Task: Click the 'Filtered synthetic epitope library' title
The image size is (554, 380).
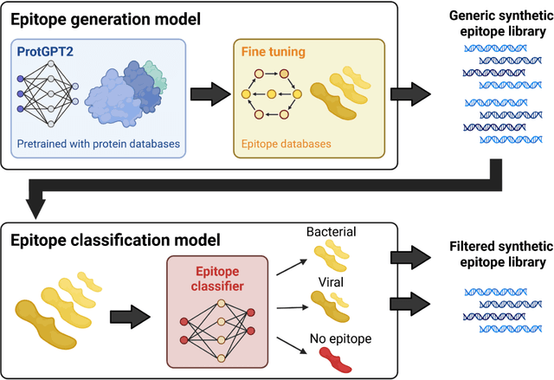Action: pos(496,254)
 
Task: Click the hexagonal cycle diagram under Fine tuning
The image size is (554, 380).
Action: pos(269,93)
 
